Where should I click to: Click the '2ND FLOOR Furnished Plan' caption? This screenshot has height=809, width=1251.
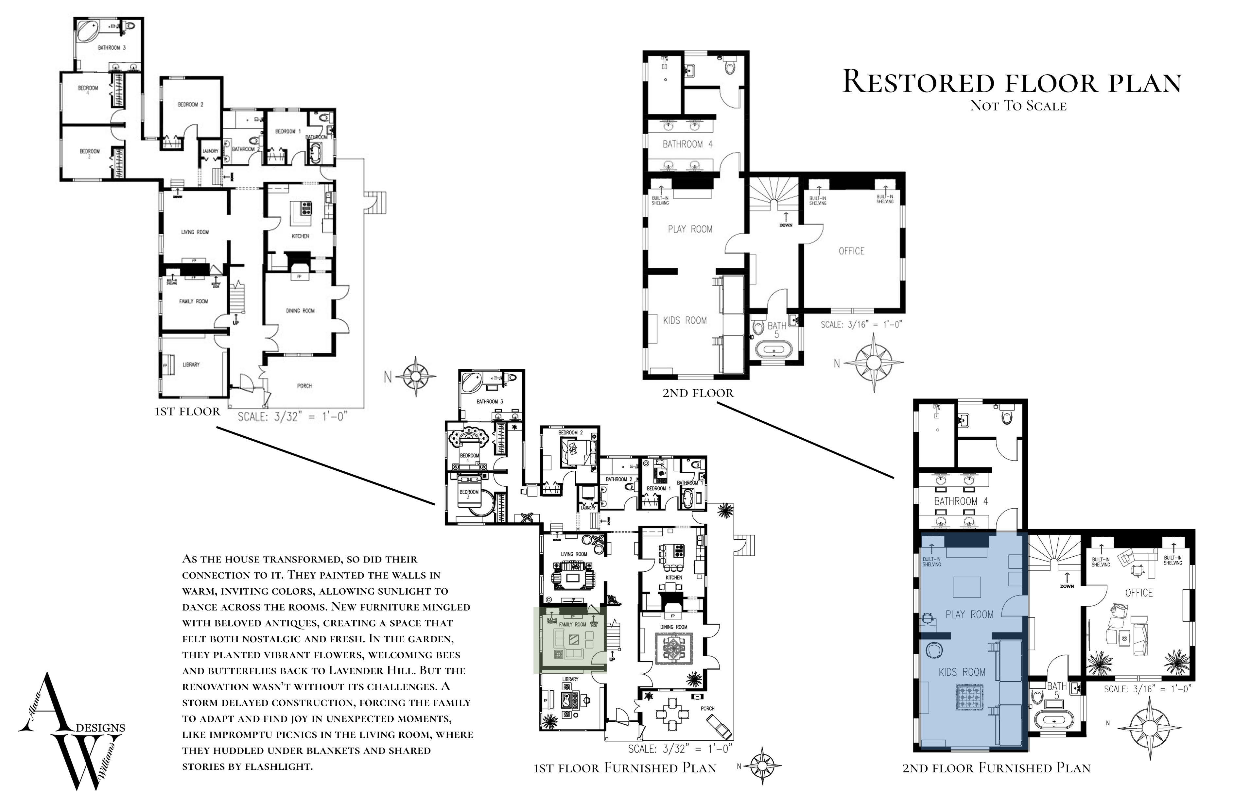996,768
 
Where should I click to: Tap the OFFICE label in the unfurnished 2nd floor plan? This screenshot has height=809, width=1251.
852,251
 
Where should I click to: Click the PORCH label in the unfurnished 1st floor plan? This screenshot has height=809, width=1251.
304,386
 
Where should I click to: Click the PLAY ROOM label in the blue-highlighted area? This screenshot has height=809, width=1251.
969,614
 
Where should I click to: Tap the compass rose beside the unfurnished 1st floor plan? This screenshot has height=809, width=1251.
415,376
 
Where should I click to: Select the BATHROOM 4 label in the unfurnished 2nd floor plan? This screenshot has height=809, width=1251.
687,144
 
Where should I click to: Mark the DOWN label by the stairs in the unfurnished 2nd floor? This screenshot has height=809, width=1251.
786,225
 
